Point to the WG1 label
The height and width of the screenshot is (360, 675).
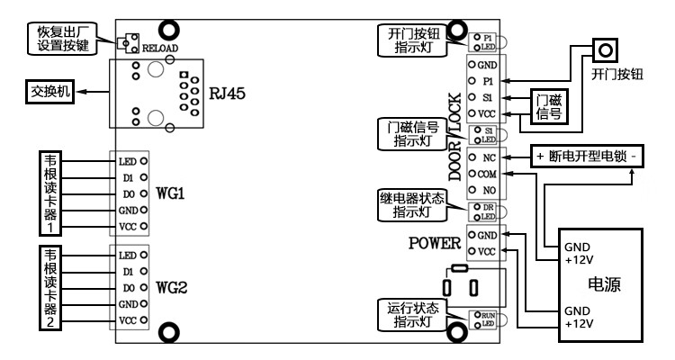[x=170, y=193]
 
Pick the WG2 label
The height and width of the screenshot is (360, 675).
[x=170, y=288]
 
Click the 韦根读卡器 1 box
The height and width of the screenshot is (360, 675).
[x=51, y=192]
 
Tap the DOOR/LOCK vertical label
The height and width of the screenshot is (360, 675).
[x=454, y=135]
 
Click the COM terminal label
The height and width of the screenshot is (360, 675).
[x=489, y=173]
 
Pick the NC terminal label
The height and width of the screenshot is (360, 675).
[x=490, y=156]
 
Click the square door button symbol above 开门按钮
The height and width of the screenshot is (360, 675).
[x=605, y=49]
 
